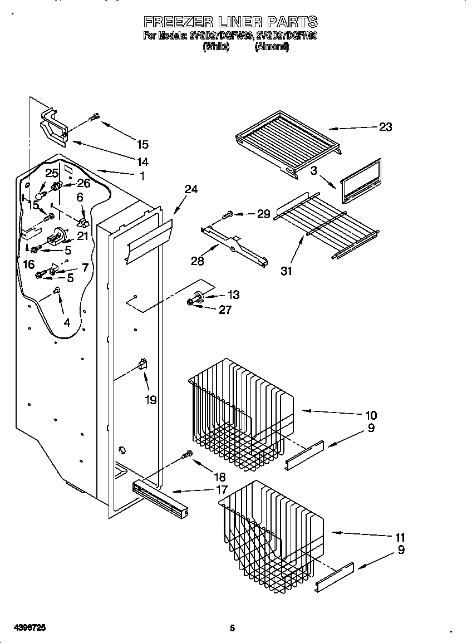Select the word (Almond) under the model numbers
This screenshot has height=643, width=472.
272,47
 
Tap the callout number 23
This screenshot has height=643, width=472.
385,127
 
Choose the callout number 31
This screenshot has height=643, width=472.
287,271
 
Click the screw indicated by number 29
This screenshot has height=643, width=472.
228,214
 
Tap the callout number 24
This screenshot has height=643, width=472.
191,189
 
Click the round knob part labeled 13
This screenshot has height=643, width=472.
198,296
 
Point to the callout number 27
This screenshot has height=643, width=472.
225,310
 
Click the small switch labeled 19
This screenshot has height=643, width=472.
142,365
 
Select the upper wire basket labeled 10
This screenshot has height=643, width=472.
239,412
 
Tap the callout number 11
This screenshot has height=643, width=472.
400,538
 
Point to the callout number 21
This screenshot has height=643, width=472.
82,235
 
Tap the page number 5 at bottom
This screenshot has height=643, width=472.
233,628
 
